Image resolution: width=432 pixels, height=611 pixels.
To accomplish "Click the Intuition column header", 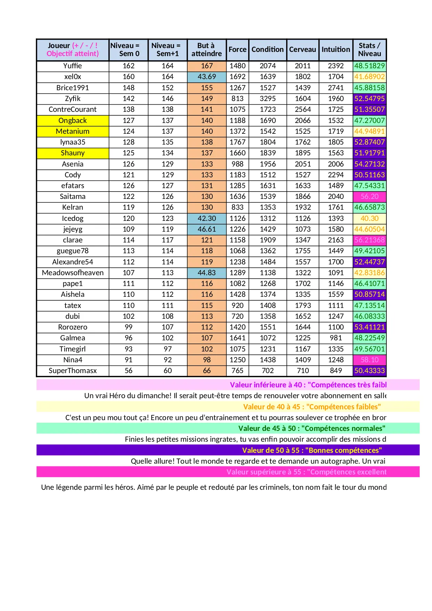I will [336, 49].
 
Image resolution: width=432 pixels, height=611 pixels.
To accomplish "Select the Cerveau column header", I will [303, 49].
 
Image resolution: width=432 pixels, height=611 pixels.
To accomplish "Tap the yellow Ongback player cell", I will [72, 121].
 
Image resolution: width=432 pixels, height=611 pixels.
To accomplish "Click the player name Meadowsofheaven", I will [72, 273].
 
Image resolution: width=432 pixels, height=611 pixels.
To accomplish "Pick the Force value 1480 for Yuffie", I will [237, 66].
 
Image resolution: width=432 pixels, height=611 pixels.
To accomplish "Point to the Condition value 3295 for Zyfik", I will [267, 99].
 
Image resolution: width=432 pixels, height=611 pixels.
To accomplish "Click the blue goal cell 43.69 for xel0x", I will [206, 77].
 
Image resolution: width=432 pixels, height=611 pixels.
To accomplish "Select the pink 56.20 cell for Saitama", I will [369, 196].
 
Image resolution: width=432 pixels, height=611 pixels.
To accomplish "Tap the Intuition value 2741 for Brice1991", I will [336, 88].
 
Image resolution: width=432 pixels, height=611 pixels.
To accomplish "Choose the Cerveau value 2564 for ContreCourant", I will [303, 109].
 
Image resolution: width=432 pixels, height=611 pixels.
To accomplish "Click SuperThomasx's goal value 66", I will [206, 371].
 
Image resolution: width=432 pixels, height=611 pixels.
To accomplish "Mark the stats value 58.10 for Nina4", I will [369, 360].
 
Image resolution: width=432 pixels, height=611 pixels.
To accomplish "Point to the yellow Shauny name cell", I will [72, 153].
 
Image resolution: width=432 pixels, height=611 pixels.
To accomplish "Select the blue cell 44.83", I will [206, 273].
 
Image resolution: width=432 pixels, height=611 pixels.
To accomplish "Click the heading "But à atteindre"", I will [206, 49].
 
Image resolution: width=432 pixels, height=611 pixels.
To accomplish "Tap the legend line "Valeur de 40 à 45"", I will [312, 407].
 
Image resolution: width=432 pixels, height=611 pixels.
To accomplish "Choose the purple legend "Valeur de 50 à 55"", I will [312, 450].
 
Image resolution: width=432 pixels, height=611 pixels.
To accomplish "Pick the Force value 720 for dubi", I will [237, 316].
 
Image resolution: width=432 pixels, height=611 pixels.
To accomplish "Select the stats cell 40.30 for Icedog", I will [369, 218].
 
